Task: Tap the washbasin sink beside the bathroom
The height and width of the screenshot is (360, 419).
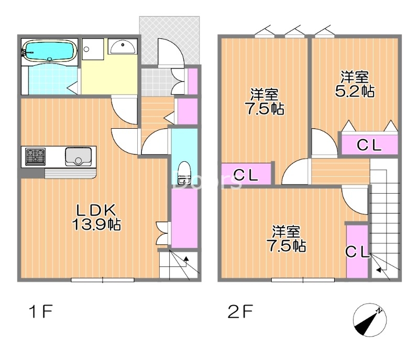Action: tap(123, 46)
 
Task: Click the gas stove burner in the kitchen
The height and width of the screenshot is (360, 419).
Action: tap(35, 156)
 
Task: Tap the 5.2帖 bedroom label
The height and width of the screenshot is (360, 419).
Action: tap(355, 84)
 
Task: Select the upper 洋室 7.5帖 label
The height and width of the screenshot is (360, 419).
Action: tap(264, 102)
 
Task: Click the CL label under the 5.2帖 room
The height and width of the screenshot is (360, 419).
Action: tap(369, 146)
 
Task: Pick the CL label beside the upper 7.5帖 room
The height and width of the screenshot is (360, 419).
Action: tap(245, 175)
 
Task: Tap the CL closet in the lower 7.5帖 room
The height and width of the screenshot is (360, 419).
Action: tap(357, 252)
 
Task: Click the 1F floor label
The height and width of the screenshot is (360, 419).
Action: tap(40, 312)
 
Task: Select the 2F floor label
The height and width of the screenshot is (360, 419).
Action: tap(241, 312)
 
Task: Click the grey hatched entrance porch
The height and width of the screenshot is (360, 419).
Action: tap(170, 39)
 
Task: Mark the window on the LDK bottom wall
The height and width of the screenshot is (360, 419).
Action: tap(103, 280)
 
